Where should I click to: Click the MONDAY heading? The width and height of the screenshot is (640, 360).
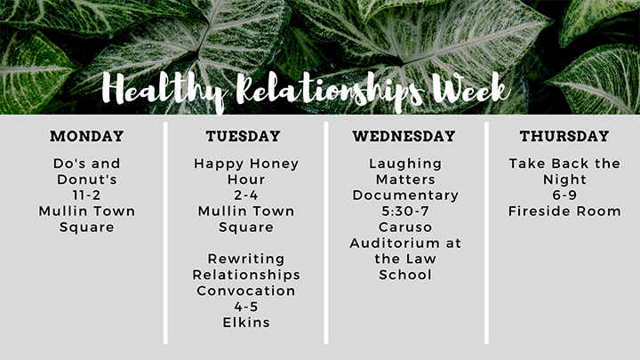(x=87, y=136)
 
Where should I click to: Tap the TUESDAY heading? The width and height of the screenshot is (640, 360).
(x=243, y=136)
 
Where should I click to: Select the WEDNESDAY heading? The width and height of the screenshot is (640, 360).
(x=404, y=136)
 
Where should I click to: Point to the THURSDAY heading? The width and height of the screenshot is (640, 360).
(x=564, y=136)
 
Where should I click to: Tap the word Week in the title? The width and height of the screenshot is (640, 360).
(x=471, y=89)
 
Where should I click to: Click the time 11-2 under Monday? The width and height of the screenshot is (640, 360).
(x=86, y=195)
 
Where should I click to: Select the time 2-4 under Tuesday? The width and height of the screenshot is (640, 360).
(x=246, y=195)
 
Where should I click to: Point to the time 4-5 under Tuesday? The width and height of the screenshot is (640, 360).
(x=246, y=307)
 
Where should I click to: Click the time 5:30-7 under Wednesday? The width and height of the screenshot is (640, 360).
(x=405, y=211)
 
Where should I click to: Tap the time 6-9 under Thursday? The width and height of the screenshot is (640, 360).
(x=564, y=195)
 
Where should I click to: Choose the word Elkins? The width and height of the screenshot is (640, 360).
(x=246, y=323)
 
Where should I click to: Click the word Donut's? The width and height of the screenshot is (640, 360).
(x=87, y=180)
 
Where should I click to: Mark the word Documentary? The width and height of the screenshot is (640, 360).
(x=405, y=196)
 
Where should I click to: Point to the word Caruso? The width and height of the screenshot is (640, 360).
(x=405, y=227)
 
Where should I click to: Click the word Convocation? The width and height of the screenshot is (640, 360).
(x=246, y=291)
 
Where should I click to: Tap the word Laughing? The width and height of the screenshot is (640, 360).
(x=405, y=164)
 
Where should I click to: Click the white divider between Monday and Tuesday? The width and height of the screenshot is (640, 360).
(x=165, y=233)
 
